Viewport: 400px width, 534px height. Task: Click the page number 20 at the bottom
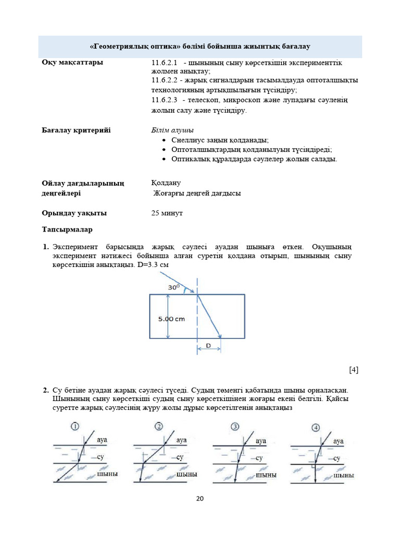pos(200,499)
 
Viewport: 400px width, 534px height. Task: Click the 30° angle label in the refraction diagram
pos(174,287)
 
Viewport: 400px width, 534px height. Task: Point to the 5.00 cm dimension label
pos(172,319)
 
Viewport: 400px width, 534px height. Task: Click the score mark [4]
pos(354,370)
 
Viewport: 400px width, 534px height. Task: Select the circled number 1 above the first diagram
pos(76,427)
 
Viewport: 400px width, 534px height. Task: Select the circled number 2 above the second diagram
pos(159,427)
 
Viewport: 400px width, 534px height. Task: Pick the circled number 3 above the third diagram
pos(235,427)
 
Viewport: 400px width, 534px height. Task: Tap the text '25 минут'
pos(167,213)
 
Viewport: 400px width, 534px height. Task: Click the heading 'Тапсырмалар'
pos(67,229)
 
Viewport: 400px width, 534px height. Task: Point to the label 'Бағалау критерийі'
pos(76,130)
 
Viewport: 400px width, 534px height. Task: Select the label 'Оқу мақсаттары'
pos(72,63)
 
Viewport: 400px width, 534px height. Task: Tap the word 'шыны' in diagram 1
pos(107,474)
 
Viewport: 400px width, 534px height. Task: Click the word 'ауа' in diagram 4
pos(339,441)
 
